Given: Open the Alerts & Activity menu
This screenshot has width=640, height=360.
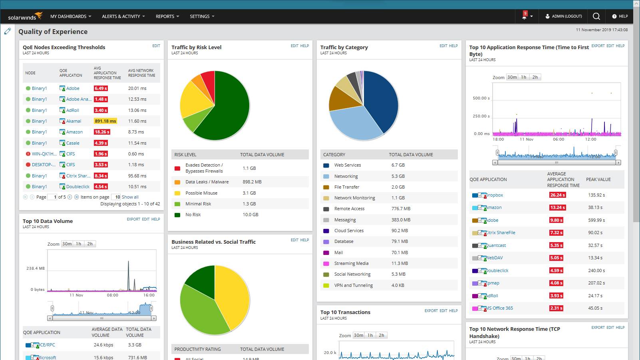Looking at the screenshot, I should tap(123, 16).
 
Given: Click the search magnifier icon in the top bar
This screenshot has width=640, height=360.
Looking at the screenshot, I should tap(596, 16).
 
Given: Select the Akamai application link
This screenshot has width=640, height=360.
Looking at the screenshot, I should tap(74, 121).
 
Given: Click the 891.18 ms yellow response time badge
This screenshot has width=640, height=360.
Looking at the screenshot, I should tap(105, 121).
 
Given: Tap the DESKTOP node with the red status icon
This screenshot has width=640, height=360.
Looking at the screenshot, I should tap(44, 165).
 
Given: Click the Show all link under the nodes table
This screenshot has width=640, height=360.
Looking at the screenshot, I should tap(130, 197).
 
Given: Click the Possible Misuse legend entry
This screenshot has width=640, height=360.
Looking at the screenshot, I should tap(201, 193).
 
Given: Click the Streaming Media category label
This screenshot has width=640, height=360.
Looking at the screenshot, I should tap(351, 263).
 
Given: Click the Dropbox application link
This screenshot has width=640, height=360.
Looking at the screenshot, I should tap(494, 195).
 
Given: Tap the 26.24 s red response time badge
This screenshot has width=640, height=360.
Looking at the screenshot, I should tap(557, 195).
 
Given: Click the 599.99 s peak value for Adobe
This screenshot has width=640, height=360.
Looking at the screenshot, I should tap(596, 220).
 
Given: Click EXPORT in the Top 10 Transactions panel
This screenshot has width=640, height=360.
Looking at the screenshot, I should tap(431, 310).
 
